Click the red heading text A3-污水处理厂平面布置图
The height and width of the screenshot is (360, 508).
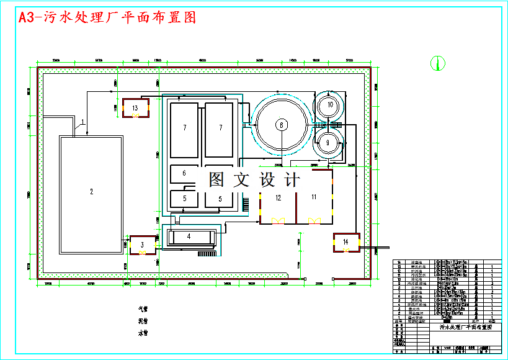click(107, 18)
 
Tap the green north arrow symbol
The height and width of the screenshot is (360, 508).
click(438, 62)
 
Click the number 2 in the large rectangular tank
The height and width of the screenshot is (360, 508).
click(91, 192)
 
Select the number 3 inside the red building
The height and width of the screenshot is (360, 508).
click(141, 244)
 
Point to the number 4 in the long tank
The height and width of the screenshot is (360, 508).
click(189, 236)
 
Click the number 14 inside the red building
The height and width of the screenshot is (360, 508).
click(345, 241)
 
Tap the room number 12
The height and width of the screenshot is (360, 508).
click(279, 197)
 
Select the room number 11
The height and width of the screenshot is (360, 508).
click(314, 197)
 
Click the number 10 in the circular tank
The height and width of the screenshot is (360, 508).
click(330, 105)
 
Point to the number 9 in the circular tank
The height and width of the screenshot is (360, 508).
click(328, 142)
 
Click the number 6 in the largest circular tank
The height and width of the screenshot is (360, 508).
click(281, 125)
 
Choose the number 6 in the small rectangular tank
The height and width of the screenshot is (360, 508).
click(184, 174)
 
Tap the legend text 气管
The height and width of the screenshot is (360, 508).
click(143, 308)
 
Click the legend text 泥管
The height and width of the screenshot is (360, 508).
click(143, 321)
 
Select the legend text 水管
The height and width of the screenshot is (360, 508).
click(143, 333)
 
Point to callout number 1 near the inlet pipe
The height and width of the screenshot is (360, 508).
click(82, 121)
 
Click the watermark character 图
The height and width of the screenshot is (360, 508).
click(216, 180)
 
